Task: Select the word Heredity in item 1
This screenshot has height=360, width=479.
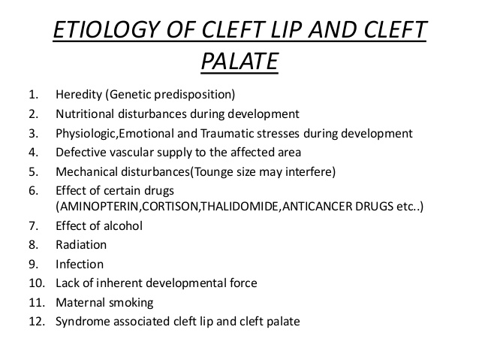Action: point(78,95)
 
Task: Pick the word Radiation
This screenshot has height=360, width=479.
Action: point(81,244)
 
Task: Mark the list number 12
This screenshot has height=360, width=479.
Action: point(35,322)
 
